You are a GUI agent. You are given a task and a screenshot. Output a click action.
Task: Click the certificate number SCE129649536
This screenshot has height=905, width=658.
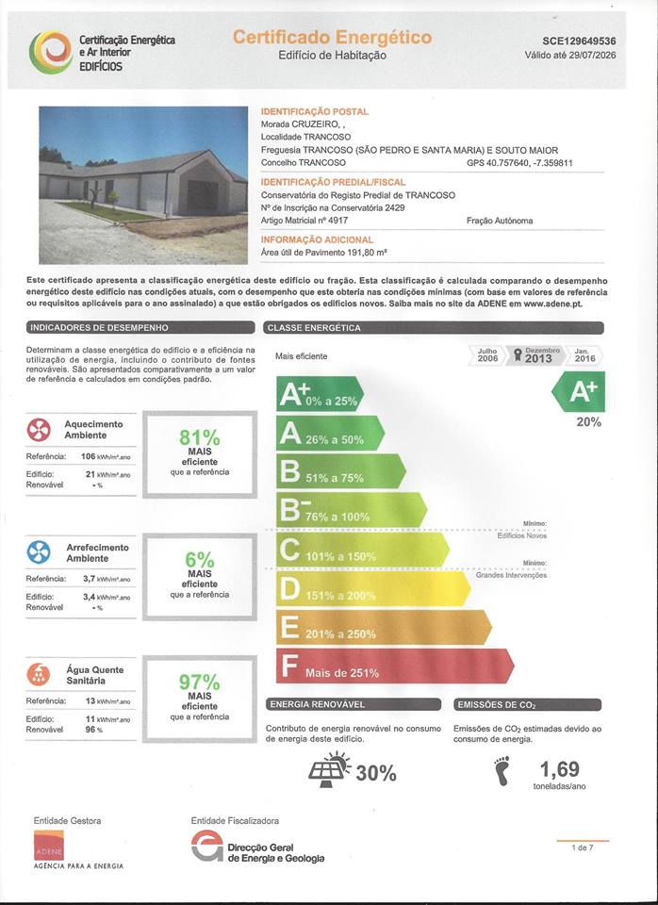pyautogui.click(x=579, y=41)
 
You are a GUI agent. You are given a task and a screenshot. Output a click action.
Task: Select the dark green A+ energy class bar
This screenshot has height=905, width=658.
pyautogui.click(x=319, y=393)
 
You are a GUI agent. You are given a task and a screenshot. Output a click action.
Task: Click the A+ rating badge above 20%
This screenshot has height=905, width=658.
pyautogui.click(x=582, y=391)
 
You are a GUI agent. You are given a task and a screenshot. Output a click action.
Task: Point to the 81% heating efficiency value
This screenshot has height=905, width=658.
pyautogui.click(x=199, y=438)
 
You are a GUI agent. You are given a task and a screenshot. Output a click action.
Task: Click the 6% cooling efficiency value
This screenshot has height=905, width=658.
pyautogui.click(x=199, y=560)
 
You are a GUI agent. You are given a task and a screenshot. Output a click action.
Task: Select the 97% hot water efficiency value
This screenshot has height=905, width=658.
pyautogui.click(x=199, y=682)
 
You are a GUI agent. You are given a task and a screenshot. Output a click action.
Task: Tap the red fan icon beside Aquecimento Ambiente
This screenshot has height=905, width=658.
pyautogui.click(x=39, y=430)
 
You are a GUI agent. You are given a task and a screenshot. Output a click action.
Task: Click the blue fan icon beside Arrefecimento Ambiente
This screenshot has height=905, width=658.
pyautogui.click(x=39, y=551)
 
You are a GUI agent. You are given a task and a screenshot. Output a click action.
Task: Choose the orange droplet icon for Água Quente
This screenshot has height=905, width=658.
pyautogui.click(x=39, y=674)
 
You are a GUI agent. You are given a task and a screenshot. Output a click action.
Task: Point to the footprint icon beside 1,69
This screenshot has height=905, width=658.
pyautogui.click(x=502, y=769)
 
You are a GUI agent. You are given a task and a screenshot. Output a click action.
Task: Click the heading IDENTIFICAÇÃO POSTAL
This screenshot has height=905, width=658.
pyautogui.click(x=314, y=112)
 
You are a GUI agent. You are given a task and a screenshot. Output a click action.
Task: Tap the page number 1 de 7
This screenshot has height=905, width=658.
pyautogui.click(x=583, y=848)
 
